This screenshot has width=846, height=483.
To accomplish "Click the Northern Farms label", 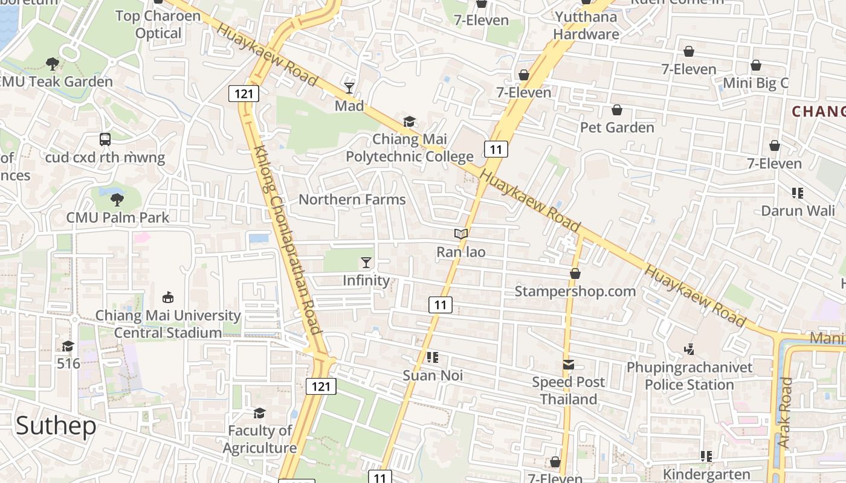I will pos(352,199).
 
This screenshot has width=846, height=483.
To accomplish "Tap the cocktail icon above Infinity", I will pos(366,262).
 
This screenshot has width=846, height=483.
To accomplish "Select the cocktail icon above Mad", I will pos(349,88).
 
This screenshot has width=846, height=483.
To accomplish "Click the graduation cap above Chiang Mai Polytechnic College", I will pos(409,121).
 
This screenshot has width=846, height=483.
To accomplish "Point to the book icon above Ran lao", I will pos(461,234).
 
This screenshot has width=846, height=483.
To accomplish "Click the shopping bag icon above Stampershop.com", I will pos(575,273).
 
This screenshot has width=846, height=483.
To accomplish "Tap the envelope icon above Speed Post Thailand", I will pos(569,364).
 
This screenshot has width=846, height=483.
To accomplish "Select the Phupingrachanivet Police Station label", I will pos(689,376).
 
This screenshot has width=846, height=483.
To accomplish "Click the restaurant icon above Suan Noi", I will pos(432,357).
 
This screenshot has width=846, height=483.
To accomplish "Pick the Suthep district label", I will pos(56,426).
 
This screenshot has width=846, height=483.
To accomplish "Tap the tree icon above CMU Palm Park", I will pos(117,199).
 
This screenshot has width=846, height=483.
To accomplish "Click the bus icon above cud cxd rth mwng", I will pos(105,139).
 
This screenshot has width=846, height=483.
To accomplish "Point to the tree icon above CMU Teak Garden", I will pos(53,63).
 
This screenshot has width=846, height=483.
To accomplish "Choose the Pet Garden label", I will pos(617,127).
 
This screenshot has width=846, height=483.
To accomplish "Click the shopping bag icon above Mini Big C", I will pos(756,65).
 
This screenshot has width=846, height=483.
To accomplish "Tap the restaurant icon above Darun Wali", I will pos(798,193).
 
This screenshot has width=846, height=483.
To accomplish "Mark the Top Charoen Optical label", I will pos(158,24).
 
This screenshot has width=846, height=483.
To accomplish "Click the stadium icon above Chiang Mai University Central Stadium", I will pos(168,297).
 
